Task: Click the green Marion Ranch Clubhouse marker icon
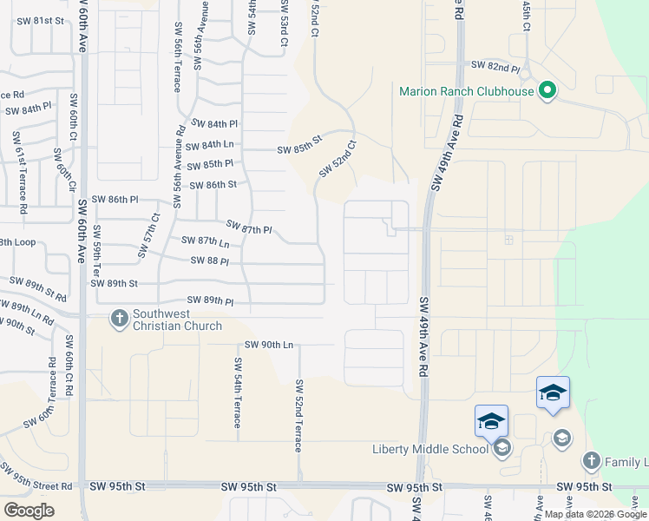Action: pos(547,90)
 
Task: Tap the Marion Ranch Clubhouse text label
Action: pos(467,91)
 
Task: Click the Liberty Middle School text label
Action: pos(429,449)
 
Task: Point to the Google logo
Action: pos(29,510)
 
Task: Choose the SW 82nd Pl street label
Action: pos(495,66)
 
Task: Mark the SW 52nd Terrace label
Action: pos(299,415)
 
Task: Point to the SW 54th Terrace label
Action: pos(237,391)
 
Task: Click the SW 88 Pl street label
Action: pos(210,260)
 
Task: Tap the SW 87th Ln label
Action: pos(206,241)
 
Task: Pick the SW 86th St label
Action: pos(213,184)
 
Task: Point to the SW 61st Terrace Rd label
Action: pos(21,173)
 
